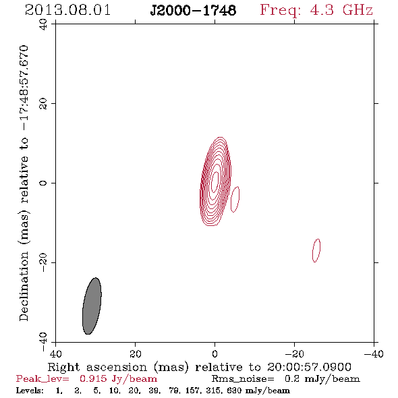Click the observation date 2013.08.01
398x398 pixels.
[67, 10]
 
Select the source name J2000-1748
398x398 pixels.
[193, 10]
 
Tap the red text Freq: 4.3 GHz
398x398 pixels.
[316, 10]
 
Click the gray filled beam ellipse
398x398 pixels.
[92, 306]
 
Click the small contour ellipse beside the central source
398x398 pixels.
[235, 199]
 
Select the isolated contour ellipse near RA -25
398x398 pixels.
[316, 250]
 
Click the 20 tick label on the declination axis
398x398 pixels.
[43, 104]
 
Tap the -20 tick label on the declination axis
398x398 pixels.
[43, 262]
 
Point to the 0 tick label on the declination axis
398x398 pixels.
[43, 183]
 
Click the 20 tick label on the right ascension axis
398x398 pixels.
[136, 353]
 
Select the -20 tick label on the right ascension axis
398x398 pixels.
[294, 353]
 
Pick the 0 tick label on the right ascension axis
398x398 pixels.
[215, 353]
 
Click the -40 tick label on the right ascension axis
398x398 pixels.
[374, 353]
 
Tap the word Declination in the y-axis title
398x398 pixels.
[24, 286]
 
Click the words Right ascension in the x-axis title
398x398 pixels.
[97, 367]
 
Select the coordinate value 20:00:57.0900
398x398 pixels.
[309, 367]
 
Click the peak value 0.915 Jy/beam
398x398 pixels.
[118, 379]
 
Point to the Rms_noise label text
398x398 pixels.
[243, 379]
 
